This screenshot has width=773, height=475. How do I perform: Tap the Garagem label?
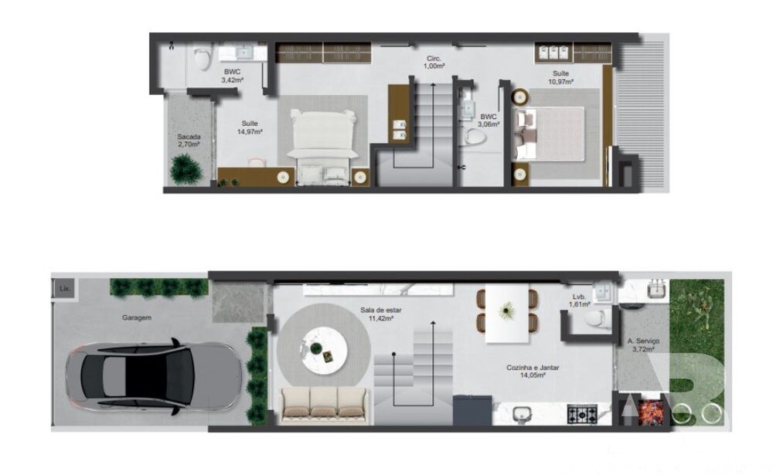[x=136, y=317]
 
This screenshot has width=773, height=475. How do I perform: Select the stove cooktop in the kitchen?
[x=583, y=414]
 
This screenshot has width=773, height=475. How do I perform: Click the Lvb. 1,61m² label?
[x=579, y=300]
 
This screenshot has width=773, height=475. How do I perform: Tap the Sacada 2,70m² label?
[x=189, y=141]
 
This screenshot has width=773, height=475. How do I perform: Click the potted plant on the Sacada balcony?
[x=186, y=168]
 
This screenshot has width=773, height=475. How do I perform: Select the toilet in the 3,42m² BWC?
[x=203, y=58]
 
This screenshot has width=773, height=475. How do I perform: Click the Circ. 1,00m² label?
[x=434, y=63]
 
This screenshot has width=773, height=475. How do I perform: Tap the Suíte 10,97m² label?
[x=560, y=77]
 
